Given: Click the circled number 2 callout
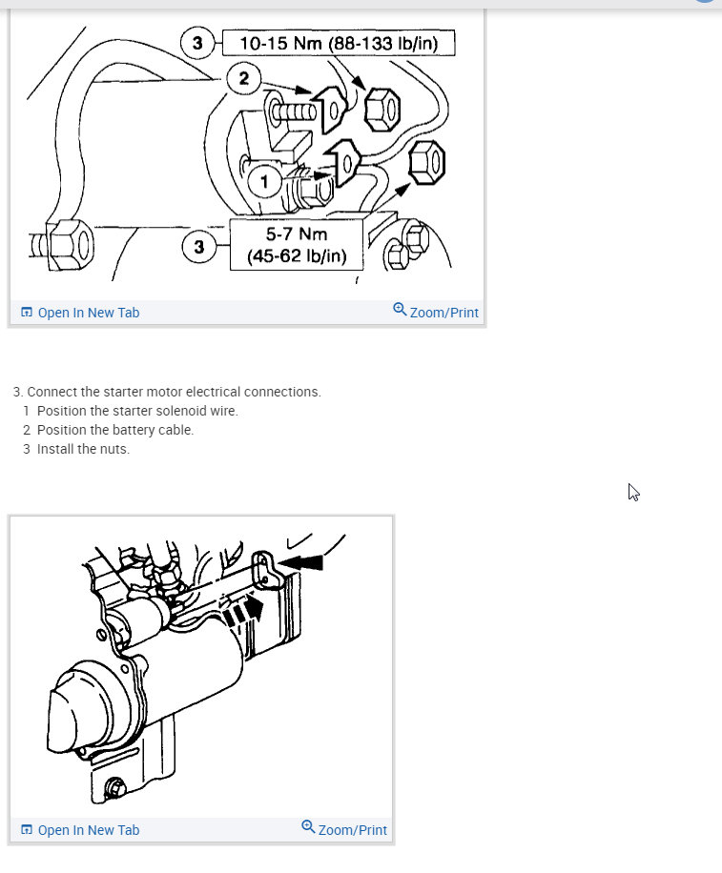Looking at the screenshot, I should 244,78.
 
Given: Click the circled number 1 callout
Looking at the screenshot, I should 264,179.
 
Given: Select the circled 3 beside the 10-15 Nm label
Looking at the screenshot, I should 197,44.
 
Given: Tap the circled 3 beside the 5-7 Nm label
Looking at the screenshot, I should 198,248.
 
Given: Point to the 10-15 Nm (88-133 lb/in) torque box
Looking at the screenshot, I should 338,44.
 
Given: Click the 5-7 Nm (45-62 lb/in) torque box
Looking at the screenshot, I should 296,245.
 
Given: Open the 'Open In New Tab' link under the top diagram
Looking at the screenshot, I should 80,313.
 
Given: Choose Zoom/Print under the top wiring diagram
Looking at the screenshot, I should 436,312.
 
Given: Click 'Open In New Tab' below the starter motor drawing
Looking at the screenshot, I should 80,830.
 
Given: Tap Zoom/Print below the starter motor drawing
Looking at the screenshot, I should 344,829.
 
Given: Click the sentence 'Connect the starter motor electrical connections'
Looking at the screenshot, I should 174,392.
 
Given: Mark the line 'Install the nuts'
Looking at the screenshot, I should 83,449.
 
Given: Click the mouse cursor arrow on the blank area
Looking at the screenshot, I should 632,492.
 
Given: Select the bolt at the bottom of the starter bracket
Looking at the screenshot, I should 114,787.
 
